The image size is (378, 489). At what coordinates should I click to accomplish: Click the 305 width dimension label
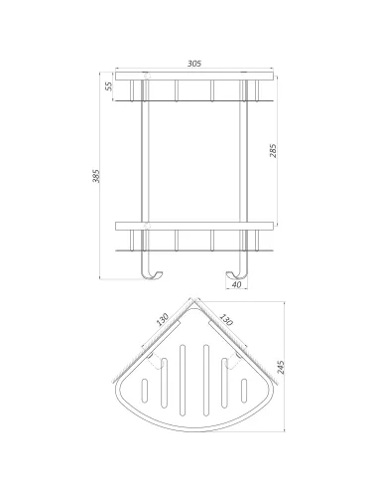pyautogui.click(x=194, y=63)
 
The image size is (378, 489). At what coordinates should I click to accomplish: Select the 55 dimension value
pyautogui.click(x=108, y=87)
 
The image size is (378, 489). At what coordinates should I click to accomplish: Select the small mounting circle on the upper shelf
pyautogui.click(x=147, y=75)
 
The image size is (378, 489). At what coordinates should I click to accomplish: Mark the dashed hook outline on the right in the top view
pyautogui.click(x=238, y=360)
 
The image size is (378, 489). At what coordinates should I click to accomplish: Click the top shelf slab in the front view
pyautogui.click(x=194, y=76)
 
